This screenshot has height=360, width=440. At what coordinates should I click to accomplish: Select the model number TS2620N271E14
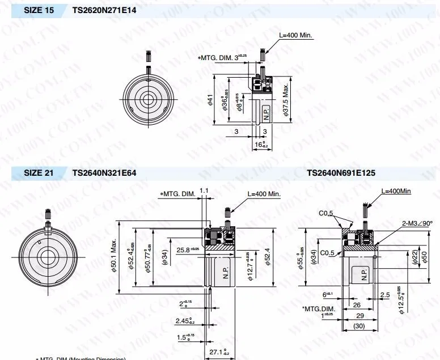[104, 10]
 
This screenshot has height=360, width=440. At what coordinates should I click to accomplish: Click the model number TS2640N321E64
[104, 173]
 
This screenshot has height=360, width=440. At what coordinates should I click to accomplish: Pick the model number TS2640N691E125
[341, 173]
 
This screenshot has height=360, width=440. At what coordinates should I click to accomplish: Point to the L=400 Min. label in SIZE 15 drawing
[296, 35]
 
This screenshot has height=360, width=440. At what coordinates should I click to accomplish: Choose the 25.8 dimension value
[188, 249]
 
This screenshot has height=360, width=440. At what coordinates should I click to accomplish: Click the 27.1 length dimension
[218, 352]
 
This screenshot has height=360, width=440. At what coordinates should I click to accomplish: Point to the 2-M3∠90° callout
[417, 224]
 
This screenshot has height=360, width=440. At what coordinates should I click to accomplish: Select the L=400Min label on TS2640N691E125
[396, 191]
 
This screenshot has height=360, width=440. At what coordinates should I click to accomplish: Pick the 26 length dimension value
[357, 304]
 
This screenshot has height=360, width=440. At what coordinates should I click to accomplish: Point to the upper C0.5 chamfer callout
[325, 213]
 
